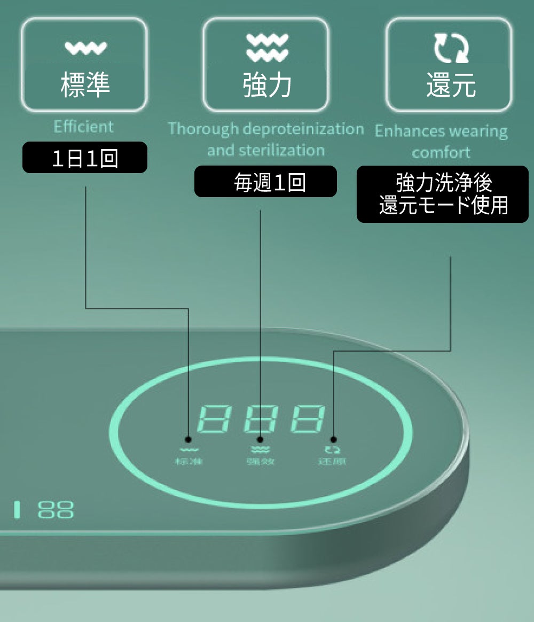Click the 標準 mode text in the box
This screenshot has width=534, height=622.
(85, 84)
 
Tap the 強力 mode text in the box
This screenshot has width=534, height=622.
(267, 85)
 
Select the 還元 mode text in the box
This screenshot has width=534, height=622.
(451, 85)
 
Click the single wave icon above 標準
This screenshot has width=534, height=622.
(85, 49)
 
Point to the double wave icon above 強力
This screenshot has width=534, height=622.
(267, 47)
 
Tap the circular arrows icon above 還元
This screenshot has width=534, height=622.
(451, 47)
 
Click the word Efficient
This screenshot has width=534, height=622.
(84, 127)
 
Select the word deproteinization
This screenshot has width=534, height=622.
(303, 129)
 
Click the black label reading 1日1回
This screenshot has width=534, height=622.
(85, 158)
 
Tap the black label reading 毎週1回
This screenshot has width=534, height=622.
(265, 182)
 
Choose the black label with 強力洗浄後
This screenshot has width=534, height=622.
(443, 194)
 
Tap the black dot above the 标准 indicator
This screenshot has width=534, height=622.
(188, 439)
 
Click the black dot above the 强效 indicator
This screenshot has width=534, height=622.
(261, 439)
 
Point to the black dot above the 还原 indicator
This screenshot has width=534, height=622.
(334, 439)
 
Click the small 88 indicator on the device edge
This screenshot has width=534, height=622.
(56, 509)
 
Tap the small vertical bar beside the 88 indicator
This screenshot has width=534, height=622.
(18, 509)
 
